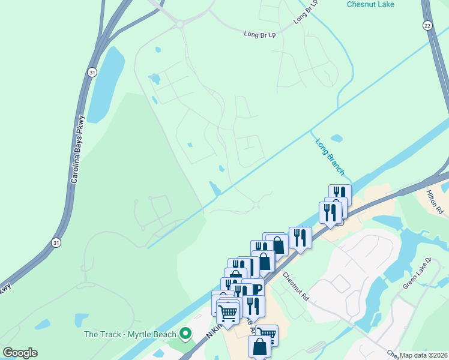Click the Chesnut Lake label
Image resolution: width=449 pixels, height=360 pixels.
[371, 4]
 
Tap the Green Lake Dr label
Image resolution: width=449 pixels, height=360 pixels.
[417, 274]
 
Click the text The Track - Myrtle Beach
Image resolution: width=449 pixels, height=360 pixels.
[130, 334]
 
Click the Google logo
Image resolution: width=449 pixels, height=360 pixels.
[20, 353]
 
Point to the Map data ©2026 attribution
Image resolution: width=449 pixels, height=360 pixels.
[424, 355]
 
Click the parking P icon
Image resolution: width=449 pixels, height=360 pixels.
[256, 289]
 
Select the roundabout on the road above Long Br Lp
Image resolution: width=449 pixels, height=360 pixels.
[179, 24]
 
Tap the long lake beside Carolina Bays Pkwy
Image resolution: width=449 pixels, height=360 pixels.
[106, 77]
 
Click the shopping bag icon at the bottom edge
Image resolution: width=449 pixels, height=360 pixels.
[260, 347]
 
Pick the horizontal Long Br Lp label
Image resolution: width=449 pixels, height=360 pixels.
[259, 34]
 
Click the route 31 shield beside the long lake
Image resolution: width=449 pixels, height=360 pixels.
[91, 72]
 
